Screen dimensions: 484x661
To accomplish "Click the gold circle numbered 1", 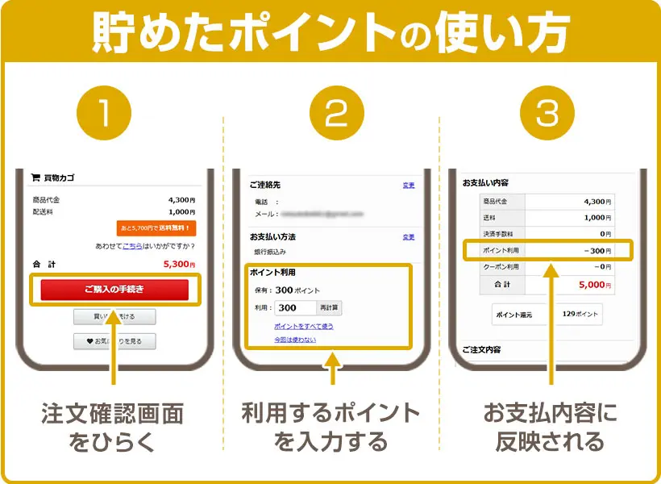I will click(x=113, y=115).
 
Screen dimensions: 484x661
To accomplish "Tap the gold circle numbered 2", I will click(x=330, y=115).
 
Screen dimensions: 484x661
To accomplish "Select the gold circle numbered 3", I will click(x=547, y=115).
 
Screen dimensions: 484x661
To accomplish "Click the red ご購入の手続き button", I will click(x=114, y=290).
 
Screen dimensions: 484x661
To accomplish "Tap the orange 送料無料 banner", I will click(x=156, y=227).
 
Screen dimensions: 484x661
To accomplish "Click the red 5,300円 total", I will click(x=178, y=264).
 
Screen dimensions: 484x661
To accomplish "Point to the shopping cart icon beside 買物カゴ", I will click(x=35, y=178).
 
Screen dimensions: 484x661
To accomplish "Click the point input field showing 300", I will click(x=295, y=307).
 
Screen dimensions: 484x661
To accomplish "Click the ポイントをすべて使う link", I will click(x=303, y=326).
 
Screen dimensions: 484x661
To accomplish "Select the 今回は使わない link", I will click(x=294, y=340).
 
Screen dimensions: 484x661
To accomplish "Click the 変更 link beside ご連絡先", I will click(x=409, y=186).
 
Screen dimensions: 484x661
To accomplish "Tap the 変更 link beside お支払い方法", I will click(x=409, y=237).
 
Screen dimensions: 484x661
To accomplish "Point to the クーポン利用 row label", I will click(x=501, y=266).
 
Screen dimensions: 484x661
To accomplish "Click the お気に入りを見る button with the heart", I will click(x=114, y=341).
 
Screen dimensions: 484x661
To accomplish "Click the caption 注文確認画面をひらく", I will click(x=113, y=428).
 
